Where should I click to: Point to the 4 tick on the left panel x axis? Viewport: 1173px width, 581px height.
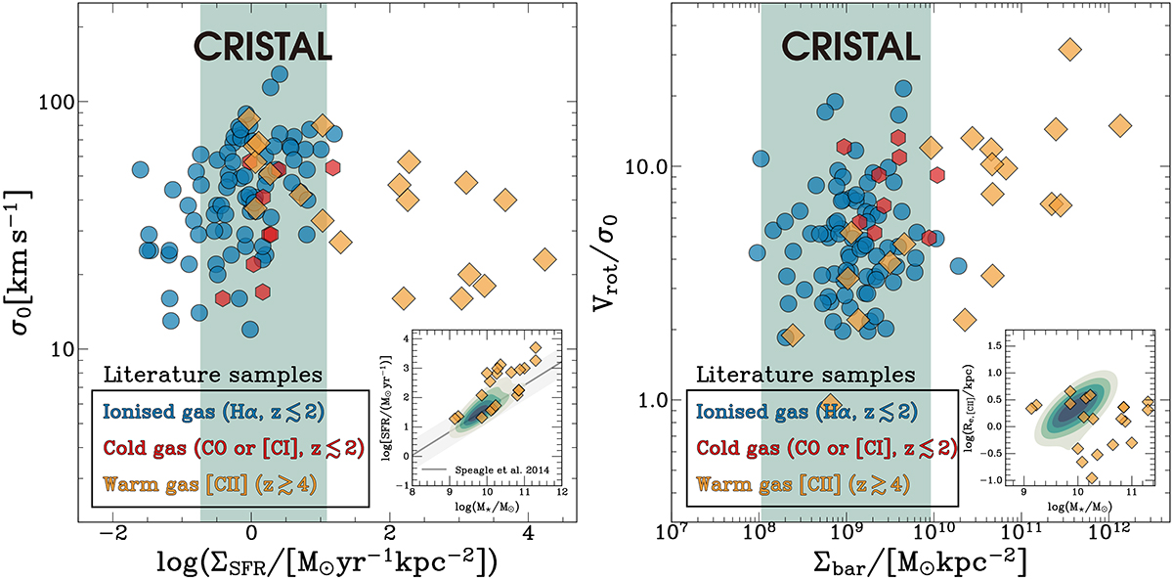click(x=528, y=535)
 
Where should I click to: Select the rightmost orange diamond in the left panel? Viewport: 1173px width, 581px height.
click(x=545, y=259)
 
